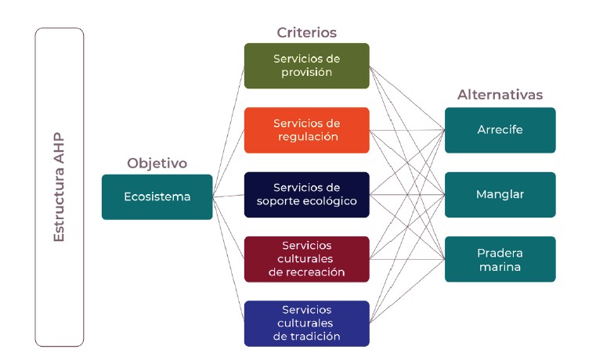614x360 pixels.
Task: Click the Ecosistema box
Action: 157,196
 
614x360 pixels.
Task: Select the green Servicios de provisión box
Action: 306,66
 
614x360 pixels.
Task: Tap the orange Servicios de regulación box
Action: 306,130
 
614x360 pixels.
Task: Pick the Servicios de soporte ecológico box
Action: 306,194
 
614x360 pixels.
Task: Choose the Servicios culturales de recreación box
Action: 306,259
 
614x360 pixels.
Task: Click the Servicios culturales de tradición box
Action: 306,323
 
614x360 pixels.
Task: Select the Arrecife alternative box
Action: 500,130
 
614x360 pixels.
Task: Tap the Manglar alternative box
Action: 500,194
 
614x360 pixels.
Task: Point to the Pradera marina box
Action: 500,259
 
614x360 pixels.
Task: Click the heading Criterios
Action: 306,33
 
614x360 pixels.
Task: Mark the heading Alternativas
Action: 500,95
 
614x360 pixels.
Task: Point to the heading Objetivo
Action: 157,164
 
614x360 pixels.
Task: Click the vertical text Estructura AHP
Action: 59,186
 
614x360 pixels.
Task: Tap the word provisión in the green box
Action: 306,73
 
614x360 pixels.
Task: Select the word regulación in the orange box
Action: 306,137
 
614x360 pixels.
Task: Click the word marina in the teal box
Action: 500,267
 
